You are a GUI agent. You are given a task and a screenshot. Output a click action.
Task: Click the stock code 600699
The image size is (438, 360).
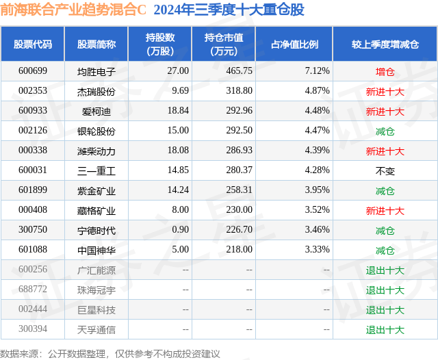[33, 71]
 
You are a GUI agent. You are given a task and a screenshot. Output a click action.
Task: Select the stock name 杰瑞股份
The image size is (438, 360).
[96, 91]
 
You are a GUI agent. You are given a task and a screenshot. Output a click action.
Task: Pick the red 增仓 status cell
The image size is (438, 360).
[385, 71]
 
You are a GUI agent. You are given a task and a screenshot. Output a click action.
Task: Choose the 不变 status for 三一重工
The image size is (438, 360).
[385, 170]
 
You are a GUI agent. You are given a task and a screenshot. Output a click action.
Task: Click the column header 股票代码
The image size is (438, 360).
[33, 44]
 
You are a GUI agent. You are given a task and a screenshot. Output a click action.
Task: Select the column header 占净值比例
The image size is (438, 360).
[295, 44]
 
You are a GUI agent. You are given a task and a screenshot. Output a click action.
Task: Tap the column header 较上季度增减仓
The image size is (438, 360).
[385, 44]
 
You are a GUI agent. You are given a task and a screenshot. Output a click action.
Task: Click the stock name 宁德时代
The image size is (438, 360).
[96, 231]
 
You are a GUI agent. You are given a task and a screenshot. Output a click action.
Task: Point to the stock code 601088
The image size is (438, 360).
[33, 250]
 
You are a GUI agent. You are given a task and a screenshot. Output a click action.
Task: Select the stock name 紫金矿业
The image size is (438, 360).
[96, 191]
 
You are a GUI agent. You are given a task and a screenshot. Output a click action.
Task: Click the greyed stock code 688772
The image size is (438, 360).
[33, 290]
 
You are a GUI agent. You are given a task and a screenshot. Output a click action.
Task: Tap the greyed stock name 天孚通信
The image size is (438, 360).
[96, 330]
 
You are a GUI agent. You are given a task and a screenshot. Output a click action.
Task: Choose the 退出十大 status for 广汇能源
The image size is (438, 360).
[385, 270]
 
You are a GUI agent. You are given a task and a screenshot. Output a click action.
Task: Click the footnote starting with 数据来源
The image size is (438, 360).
[110, 353]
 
